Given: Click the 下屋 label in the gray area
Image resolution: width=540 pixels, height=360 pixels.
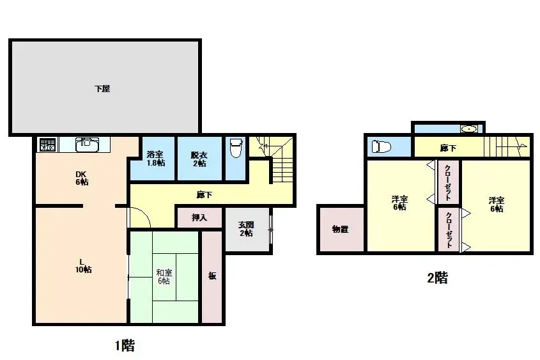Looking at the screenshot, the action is point(102,88).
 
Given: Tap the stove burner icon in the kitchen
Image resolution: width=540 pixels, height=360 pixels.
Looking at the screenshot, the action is point(48,145).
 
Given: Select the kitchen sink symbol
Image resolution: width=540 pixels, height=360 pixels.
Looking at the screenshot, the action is point(87,145).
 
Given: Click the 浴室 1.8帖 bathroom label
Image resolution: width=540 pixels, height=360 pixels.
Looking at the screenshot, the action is point(156,159).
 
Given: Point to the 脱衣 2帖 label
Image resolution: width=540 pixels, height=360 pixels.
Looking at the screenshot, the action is point(199,159).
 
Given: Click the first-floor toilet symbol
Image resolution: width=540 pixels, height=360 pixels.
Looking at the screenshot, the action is point(236,148).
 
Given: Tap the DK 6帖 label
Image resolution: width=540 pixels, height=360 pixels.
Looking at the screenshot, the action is point(82,178).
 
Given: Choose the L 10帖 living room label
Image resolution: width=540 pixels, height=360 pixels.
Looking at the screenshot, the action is point(83,265).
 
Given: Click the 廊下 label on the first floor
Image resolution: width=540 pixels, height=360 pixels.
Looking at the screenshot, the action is point(204,195).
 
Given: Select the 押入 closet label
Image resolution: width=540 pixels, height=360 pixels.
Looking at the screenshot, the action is point(199,217).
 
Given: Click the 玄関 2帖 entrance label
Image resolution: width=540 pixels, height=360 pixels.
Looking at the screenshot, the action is point(246,229).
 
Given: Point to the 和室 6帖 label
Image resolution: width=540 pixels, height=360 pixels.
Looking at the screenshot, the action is point(164,277).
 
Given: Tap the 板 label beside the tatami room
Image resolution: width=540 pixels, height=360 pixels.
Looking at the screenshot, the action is point(212,276).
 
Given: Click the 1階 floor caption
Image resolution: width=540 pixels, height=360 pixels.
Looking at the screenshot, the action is point(125,345).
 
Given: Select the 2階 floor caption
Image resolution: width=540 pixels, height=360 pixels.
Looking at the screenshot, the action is point(438,278).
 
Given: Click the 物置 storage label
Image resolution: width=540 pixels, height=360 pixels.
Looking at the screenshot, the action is point(340,229).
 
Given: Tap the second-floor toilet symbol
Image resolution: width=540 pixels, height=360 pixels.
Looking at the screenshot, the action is point(382,147).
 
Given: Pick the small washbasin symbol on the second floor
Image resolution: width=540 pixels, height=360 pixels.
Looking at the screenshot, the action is point(469,129).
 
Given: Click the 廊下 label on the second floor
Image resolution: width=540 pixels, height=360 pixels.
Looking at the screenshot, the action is point(448,148).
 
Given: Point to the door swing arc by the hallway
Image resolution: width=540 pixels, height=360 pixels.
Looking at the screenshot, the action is point(144,214).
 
